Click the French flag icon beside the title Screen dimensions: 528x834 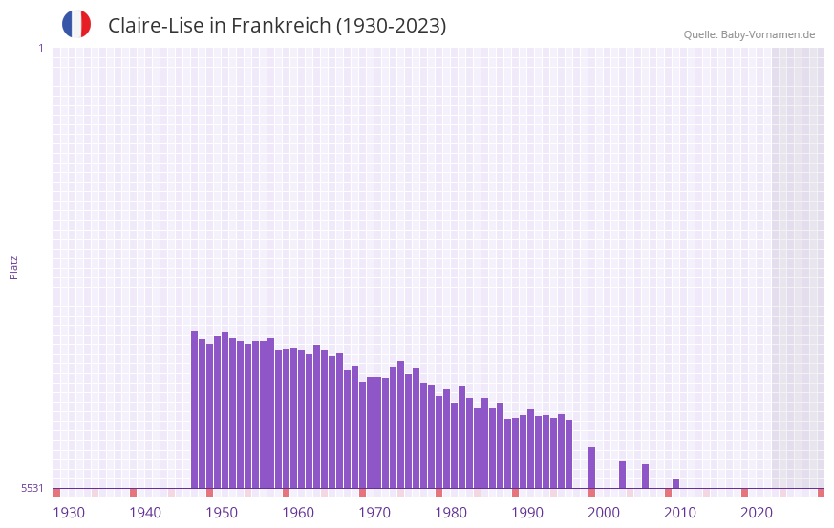pyautogui.click(x=76, y=25)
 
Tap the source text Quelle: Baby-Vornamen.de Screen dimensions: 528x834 pyautogui.click(x=749, y=34)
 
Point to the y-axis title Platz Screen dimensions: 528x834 pyautogui.click(x=13, y=267)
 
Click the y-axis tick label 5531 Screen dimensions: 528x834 pyautogui.click(x=32, y=488)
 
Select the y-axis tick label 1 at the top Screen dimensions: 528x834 pyautogui.click(x=40, y=48)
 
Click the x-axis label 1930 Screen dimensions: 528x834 pyautogui.click(x=69, y=513)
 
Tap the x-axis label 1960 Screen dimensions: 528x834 pyautogui.click(x=298, y=513)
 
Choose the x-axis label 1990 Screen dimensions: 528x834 pyautogui.click(x=527, y=513)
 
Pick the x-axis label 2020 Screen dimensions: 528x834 pyautogui.click(x=757, y=513)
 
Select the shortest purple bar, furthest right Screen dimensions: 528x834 pyautogui.click(x=675, y=483)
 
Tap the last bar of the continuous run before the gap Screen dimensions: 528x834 pyautogui.click(x=568, y=453)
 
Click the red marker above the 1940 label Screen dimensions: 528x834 pyautogui.click(x=133, y=493)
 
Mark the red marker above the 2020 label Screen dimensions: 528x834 pyautogui.click(x=744, y=493)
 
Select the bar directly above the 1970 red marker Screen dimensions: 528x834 pyautogui.click(x=362, y=434)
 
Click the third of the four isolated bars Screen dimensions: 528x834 pyautogui.click(x=645, y=475)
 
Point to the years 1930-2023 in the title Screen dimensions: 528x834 pyautogui.click(x=391, y=26)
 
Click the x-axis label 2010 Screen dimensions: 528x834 pyautogui.click(x=680, y=513)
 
